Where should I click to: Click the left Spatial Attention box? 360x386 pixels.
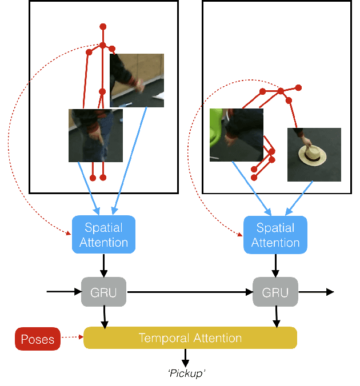[x=103, y=235]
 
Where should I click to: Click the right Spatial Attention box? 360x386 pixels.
[x=275, y=235]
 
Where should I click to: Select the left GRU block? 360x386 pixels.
[x=103, y=292]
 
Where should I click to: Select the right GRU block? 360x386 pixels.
[x=275, y=292]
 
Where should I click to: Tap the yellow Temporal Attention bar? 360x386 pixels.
[x=190, y=338]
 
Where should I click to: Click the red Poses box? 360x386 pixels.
[x=37, y=339]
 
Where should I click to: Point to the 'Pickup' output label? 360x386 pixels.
[x=186, y=373]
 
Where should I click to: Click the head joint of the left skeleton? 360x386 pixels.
[x=103, y=26]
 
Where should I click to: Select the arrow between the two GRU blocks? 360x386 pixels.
[x=189, y=292]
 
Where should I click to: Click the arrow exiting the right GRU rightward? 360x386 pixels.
[x=316, y=292]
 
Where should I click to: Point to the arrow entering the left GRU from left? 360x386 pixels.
[x=64, y=292]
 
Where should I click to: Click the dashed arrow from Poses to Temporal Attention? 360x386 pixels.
[x=71, y=338]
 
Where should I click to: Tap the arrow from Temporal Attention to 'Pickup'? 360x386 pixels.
[x=185, y=357]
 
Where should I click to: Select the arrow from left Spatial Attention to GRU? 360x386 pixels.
[x=103, y=264]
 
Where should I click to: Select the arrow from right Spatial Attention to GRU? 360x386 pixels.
[x=276, y=264]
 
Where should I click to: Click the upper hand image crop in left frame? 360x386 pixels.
[x=137, y=81]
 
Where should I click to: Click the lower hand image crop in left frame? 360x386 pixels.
[x=95, y=135]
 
